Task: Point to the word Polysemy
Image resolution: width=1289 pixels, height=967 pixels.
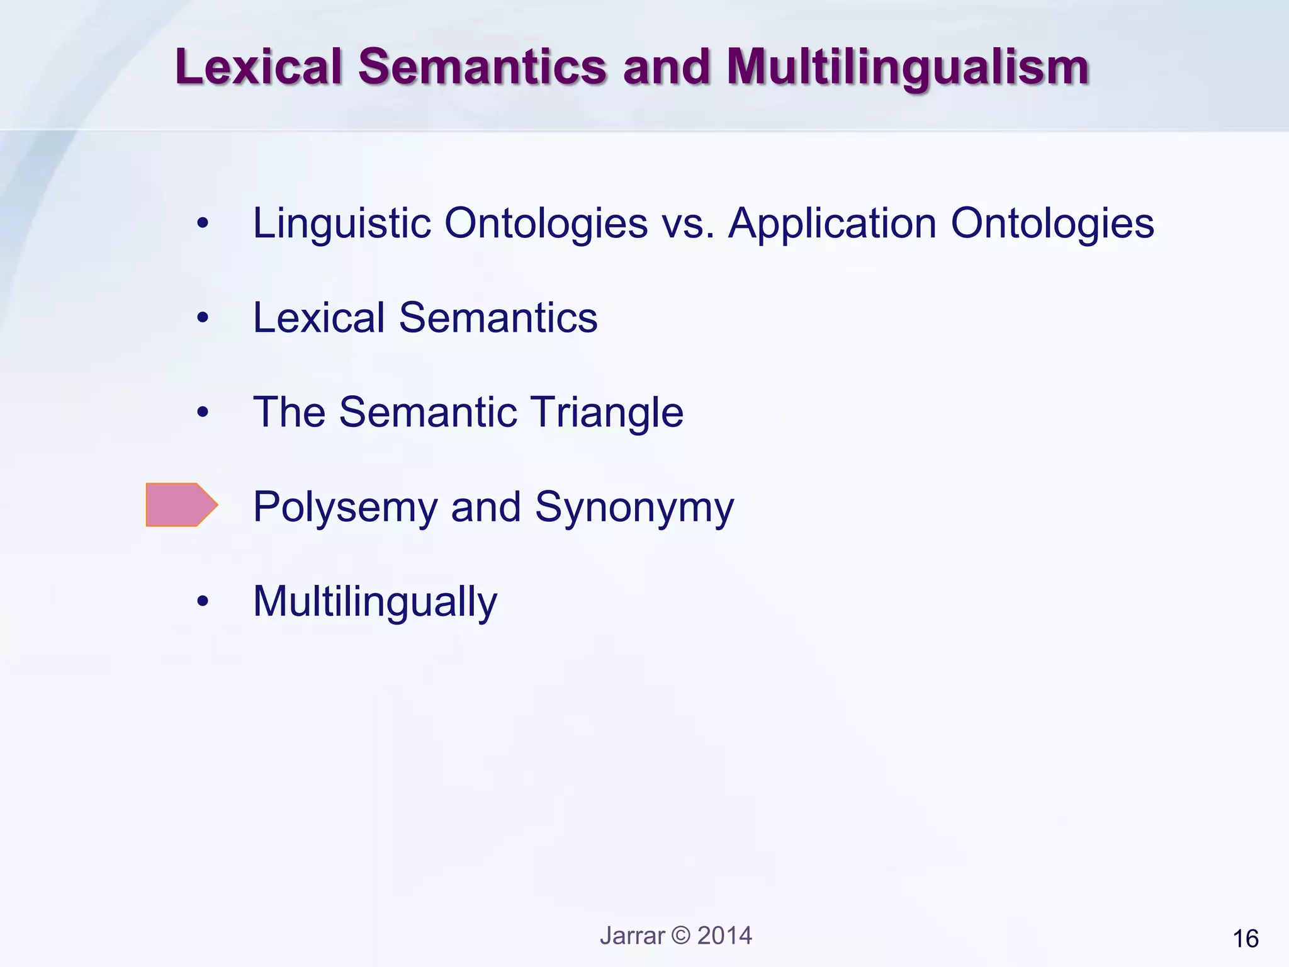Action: click(x=345, y=507)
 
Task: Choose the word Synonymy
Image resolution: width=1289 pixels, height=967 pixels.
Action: click(x=634, y=507)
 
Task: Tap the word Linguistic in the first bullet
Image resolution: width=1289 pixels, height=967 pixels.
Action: click(x=342, y=223)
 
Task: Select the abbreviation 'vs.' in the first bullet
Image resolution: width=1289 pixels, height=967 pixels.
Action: click(x=688, y=224)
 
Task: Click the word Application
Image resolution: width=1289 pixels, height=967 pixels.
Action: click(x=832, y=224)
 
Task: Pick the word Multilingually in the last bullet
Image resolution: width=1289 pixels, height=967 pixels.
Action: click(x=374, y=602)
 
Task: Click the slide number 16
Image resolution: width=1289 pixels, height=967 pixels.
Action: click(x=1246, y=939)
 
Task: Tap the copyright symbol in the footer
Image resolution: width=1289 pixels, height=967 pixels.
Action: click(x=681, y=936)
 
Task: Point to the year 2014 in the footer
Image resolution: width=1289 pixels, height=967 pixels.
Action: click(x=724, y=936)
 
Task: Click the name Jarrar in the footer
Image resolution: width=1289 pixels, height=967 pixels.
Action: click(x=632, y=936)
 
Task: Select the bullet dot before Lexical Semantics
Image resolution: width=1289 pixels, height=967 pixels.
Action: click(x=202, y=318)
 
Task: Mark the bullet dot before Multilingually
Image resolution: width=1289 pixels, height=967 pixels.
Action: click(x=202, y=601)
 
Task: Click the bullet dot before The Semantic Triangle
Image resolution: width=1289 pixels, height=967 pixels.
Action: click(x=202, y=412)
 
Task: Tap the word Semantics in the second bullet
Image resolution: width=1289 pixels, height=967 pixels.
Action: click(x=498, y=318)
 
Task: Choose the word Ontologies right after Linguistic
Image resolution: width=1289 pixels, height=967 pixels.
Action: click(x=546, y=223)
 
